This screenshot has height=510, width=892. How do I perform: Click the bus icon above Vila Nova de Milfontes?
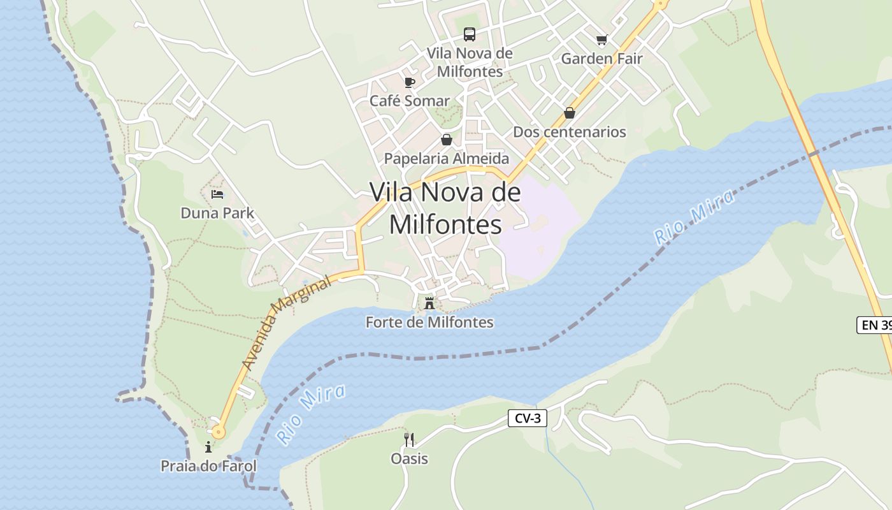[x=470, y=34]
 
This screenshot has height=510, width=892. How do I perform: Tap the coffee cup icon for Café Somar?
[x=409, y=82]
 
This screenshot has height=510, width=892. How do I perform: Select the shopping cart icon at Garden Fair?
[x=601, y=40]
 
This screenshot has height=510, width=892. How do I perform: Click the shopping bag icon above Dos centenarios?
[x=570, y=113]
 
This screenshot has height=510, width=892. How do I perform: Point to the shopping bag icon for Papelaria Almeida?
[x=447, y=140]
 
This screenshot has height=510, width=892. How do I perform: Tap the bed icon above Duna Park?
[x=217, y=194]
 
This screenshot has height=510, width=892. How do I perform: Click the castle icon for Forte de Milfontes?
[x=429, y=303]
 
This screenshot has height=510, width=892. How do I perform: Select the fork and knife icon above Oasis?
[x=409, y=439]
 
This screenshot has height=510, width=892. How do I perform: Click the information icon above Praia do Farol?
[x=208, y=447]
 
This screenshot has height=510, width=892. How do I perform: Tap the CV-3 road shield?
[x=528, y=418]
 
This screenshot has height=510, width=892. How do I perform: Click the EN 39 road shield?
[x=875, y=325]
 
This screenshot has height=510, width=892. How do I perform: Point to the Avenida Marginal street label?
[x=287, y=323]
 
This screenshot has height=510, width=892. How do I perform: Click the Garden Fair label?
[x=601, y=59]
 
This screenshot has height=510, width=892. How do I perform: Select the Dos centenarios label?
[x=570, y=132]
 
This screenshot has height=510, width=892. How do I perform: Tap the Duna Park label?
[x=217, y=213]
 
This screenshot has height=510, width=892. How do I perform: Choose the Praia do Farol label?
[x=208, y=466]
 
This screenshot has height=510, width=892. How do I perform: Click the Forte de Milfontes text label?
[x=429, y=322]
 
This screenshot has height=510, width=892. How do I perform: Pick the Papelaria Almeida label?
[x=447, y=158]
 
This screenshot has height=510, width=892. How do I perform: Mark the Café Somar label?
[x=409, y=101]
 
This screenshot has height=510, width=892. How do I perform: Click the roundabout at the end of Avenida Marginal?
[x=219, y=432]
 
